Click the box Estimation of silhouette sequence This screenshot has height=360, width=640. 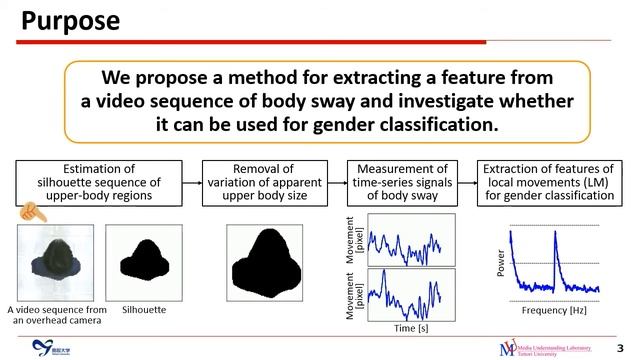(98, 182)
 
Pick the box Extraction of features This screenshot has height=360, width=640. (547, 182)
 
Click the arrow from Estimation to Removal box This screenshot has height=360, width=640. (192, 182)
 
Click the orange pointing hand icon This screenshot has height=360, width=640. (30, 212)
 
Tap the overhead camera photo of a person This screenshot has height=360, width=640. (55, 262)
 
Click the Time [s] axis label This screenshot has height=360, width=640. (412, 327)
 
